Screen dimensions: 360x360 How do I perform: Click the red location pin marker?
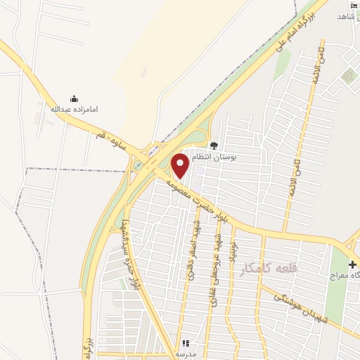181,166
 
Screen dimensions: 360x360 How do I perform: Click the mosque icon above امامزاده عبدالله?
74,98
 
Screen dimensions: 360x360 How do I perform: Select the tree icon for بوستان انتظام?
214,146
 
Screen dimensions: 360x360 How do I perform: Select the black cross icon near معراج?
352,264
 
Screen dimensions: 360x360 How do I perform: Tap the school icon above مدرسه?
186,343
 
